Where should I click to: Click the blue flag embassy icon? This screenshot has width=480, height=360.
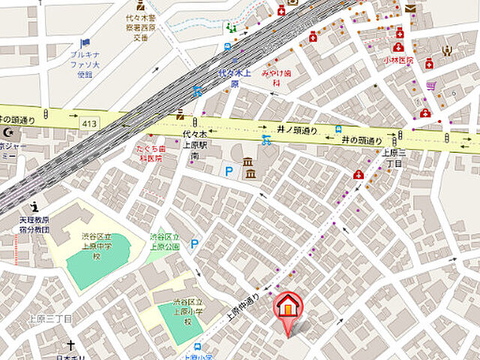click(x=85, y=43)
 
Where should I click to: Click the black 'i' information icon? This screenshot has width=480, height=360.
click(x=34, y=208)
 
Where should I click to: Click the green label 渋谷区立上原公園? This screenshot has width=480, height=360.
click(x=165, y=241)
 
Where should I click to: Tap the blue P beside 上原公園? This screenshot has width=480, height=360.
click(x=195, y=243)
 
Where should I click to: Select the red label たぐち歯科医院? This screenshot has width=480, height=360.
click(x=150, y=154)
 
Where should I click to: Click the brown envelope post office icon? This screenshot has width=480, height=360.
click(x=410, y=8)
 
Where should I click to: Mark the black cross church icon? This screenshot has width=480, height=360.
click(x=71, y=346)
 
